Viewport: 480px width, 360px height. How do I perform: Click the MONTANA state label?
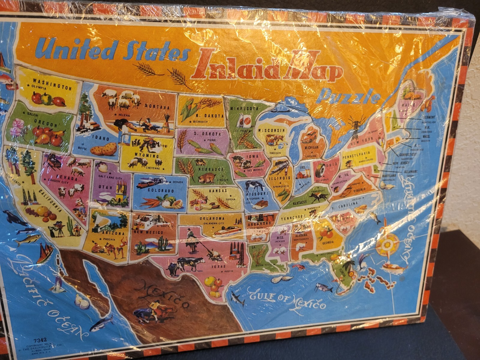157,106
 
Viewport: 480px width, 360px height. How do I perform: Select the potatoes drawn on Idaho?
103,149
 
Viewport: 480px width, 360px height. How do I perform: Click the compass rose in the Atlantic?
387,245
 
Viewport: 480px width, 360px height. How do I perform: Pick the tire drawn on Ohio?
320,170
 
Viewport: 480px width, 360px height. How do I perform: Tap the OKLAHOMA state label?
212,218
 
